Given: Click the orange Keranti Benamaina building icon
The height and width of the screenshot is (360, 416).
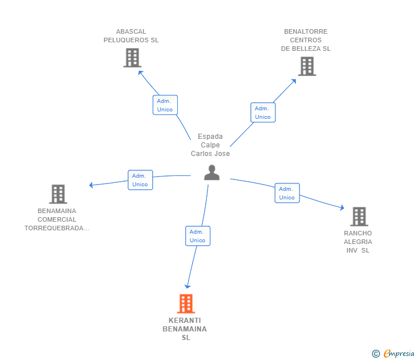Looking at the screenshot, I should click(186, 303).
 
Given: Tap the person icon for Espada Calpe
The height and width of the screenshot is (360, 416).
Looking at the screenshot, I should click(211, 173).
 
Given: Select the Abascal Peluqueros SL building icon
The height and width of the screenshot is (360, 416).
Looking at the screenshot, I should click(132, 58).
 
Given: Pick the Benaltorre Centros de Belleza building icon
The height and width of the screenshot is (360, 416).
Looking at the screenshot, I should click(307, 66).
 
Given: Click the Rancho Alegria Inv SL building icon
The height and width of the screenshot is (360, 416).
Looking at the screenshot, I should click(358, 217).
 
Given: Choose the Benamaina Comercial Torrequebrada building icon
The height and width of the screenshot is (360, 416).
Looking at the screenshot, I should click(58, 194).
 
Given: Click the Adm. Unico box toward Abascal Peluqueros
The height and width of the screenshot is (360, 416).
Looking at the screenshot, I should click(165, 105).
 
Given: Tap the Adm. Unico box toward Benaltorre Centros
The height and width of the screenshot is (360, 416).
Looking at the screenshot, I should click(263, 113).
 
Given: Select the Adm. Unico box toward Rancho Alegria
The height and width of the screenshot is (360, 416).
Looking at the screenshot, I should click(287, 193).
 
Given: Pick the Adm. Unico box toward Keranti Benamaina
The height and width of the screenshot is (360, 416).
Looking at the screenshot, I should click(198, 236).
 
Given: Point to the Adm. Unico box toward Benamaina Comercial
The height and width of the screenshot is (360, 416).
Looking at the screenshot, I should click(140, 180).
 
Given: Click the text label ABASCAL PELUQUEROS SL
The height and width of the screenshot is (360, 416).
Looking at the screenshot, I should click(131, 36).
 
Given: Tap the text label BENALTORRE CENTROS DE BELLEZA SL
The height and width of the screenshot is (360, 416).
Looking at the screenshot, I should click(306, 40).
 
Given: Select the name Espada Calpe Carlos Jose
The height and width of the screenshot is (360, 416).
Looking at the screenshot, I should click(210, 145).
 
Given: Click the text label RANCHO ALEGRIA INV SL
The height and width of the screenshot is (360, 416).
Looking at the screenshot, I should click(358, 242).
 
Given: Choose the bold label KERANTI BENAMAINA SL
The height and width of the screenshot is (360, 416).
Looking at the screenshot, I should click(185, 329).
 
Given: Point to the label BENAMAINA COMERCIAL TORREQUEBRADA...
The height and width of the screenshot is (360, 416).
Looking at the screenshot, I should click(57, 219).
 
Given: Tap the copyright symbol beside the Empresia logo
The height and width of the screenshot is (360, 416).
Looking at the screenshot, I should click(375, 354).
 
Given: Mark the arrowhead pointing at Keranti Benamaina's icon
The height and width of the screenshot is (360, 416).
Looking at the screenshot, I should click(187, 286).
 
